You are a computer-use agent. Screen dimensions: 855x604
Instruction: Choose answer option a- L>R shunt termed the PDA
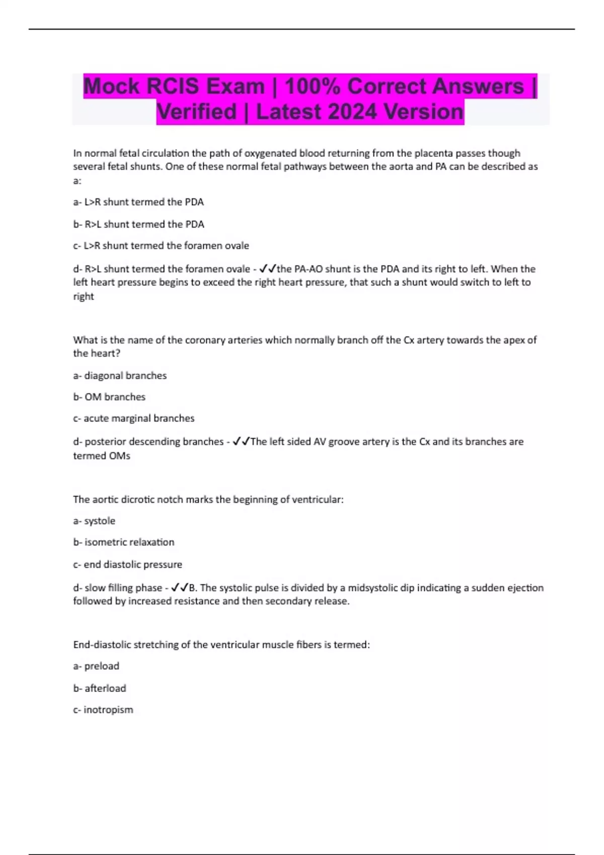138,202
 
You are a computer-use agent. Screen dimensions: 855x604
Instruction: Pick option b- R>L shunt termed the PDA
138,224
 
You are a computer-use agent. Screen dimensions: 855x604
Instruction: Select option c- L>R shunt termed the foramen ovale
161,246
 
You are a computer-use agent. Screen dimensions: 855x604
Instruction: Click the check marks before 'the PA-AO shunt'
268,269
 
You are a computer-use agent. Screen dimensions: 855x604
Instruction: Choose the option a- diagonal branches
120,376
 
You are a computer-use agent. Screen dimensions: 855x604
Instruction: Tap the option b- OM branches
109,397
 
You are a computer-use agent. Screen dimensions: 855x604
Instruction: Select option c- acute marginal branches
134,418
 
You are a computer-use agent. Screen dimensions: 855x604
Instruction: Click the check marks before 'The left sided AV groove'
241,442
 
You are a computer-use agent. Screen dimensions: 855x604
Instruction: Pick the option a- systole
94,521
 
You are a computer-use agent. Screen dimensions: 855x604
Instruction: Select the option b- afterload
100,689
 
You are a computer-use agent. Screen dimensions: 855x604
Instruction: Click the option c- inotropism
103,710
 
